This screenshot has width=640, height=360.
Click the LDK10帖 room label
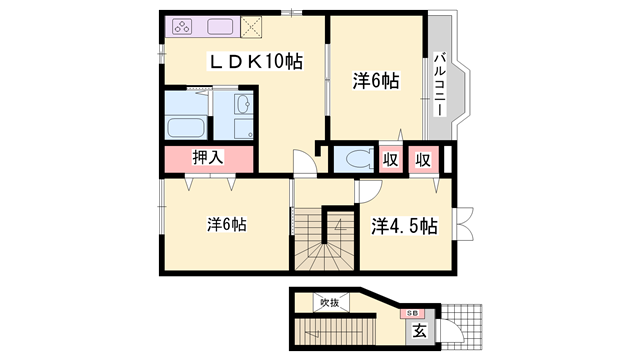tap(256, 62)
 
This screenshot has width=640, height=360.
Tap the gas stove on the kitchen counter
tap(182, 27)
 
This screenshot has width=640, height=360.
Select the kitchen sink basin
tap(220, 27)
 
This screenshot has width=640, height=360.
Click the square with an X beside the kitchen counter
tap(251, 27)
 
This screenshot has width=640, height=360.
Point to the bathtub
tap(186, 128)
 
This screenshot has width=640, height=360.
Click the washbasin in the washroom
tap(244, 105)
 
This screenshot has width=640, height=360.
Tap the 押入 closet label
tap(208, 157)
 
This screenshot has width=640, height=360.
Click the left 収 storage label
tap(391, 160)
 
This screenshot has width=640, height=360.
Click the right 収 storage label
tap(423, 160)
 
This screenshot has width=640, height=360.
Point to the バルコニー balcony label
tap(439, 84)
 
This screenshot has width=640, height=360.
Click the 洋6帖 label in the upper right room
tap(376, 81)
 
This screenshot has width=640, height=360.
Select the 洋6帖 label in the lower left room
tap(227, 224)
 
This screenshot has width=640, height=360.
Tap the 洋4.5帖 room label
tap(404, 226)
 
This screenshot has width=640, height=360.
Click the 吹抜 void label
tap(330, 303)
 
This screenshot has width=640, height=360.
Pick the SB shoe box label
tap(412, 313)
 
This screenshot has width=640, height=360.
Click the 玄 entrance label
tap(419, 331)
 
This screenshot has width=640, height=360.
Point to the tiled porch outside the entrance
tap(462, 327)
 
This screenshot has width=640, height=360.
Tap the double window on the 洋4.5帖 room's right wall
tap(464, 223)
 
